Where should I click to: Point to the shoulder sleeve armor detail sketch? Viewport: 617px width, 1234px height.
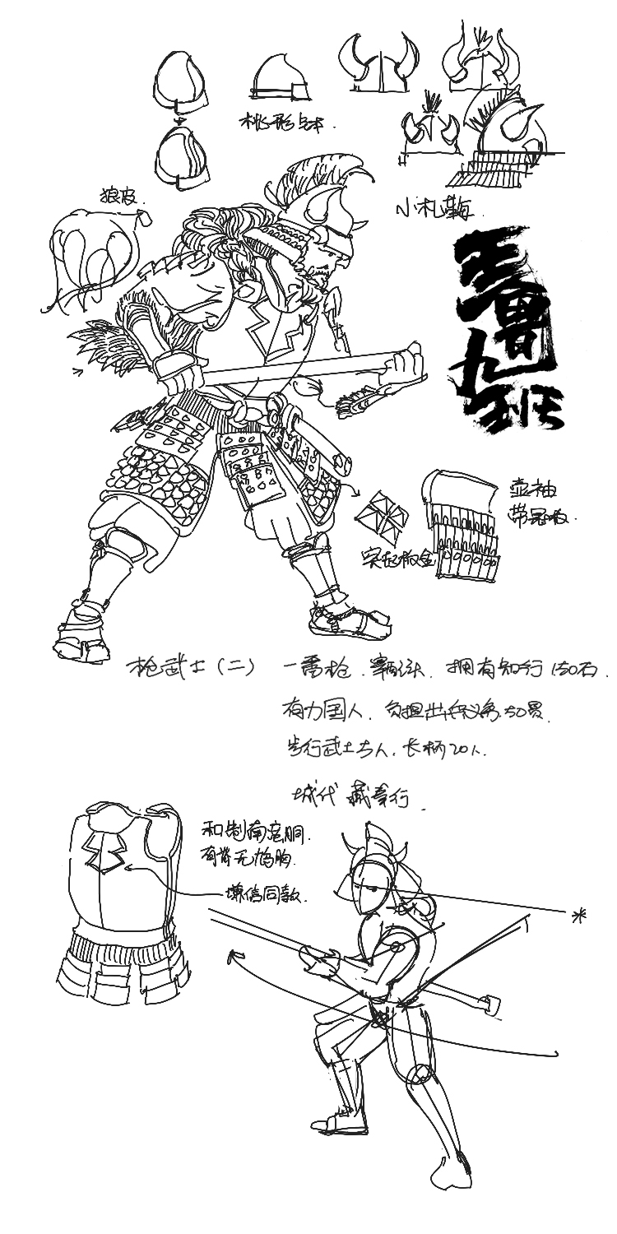461,523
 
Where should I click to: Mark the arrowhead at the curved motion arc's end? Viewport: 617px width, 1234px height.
236,957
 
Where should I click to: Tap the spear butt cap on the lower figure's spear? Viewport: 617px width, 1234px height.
490,1003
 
